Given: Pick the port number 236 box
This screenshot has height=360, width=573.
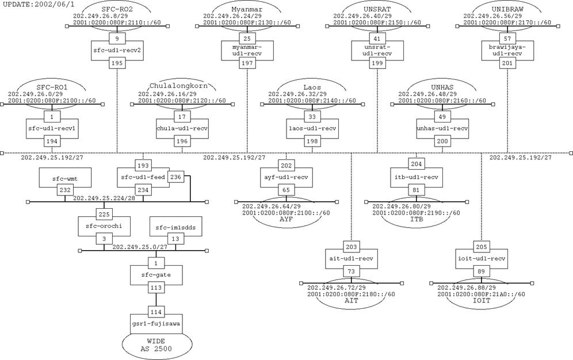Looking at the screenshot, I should (x=176, y=177).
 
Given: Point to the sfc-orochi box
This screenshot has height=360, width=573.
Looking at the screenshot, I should (x=104, y=226).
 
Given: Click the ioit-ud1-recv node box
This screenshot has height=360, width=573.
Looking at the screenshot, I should (x=482, y=258).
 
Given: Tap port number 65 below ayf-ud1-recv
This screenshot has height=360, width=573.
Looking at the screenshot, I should (x=286, y=189).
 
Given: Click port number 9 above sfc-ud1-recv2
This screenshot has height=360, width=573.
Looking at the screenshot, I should (x=117, y=38).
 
